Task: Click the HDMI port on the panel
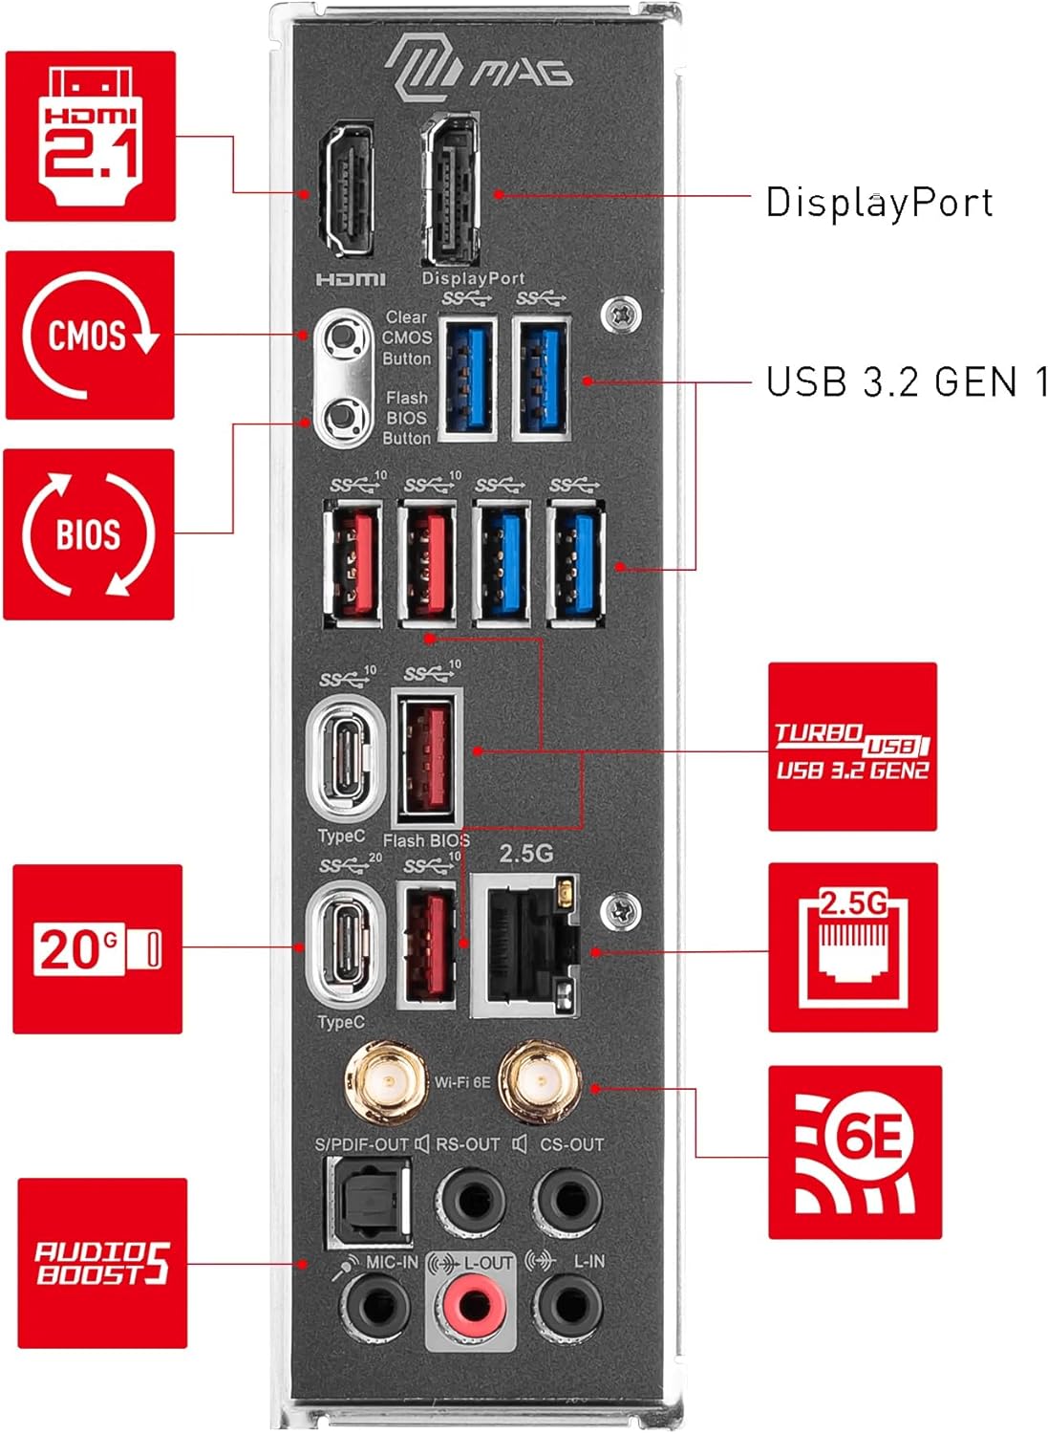347,190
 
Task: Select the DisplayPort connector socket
452,190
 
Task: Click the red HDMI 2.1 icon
91,137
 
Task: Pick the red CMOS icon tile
90,336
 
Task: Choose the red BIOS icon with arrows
89,534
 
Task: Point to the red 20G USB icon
97,949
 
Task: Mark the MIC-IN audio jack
377,1305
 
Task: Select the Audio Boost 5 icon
102,1263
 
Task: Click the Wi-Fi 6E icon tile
855,1152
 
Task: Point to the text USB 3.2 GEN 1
907,382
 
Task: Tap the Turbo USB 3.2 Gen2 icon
852,747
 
